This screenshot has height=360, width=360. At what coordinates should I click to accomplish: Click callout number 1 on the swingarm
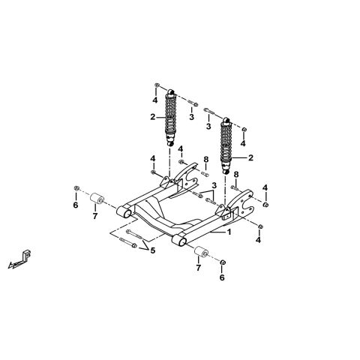pos(229,232)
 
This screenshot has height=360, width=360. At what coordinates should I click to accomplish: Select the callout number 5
pos(152,250)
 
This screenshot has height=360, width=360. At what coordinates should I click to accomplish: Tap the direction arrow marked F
pos(20,259)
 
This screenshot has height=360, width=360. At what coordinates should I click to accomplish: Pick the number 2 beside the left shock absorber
pos(153,117)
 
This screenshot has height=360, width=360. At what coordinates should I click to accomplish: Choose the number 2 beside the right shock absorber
pos(250,157)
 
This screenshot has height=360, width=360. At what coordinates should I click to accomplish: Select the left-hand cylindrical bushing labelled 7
pos(97,199)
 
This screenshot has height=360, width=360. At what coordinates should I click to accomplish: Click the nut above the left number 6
pos(76,188)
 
